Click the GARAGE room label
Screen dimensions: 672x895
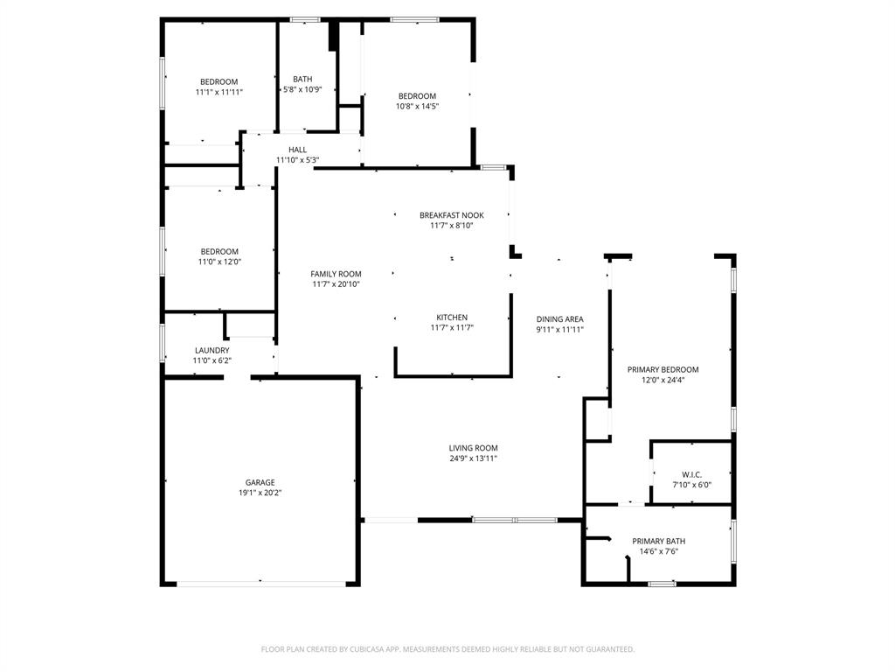click(x=260, y=482)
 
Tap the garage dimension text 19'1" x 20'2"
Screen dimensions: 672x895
click(x=260, y=493)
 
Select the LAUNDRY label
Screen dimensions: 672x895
click(x=212, y=350)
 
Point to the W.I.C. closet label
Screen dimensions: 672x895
click(x=692, y=474)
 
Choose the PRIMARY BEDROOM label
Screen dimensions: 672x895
click(x=663, y=369)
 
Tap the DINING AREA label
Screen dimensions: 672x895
click(x=559, y=319)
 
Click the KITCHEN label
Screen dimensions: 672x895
click(x=452, y=318)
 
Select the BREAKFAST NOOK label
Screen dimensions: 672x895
click(x=451, y=215)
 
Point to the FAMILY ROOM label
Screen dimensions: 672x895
click(x=336, y=274)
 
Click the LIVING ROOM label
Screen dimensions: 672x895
click(x=473, y=448)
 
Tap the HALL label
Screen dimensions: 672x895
click(x=297, y=150)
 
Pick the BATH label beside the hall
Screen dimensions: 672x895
click(x=302, y=79)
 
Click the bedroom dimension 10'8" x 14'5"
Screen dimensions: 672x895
click(x=417, y=107)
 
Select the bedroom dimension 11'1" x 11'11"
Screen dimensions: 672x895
click(x=219, y=92)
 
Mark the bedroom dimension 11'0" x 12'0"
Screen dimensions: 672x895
click(x=219, y=262)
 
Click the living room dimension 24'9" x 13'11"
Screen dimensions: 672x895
click(x=473, y=458)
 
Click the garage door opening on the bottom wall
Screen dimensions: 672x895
click(x=260, y=583)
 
